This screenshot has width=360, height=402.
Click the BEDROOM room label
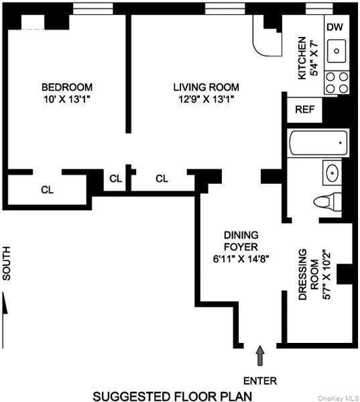67,87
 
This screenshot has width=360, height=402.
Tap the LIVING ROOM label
206,87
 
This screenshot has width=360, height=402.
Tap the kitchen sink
337,50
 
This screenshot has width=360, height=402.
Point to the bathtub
318,142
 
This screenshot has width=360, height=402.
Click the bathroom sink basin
333,173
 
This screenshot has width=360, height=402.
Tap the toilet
328,201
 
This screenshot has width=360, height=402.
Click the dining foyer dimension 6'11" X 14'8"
241,260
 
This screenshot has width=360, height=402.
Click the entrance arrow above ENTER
260,354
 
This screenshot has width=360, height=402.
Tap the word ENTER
260,381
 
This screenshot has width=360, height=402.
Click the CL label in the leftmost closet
47,189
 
